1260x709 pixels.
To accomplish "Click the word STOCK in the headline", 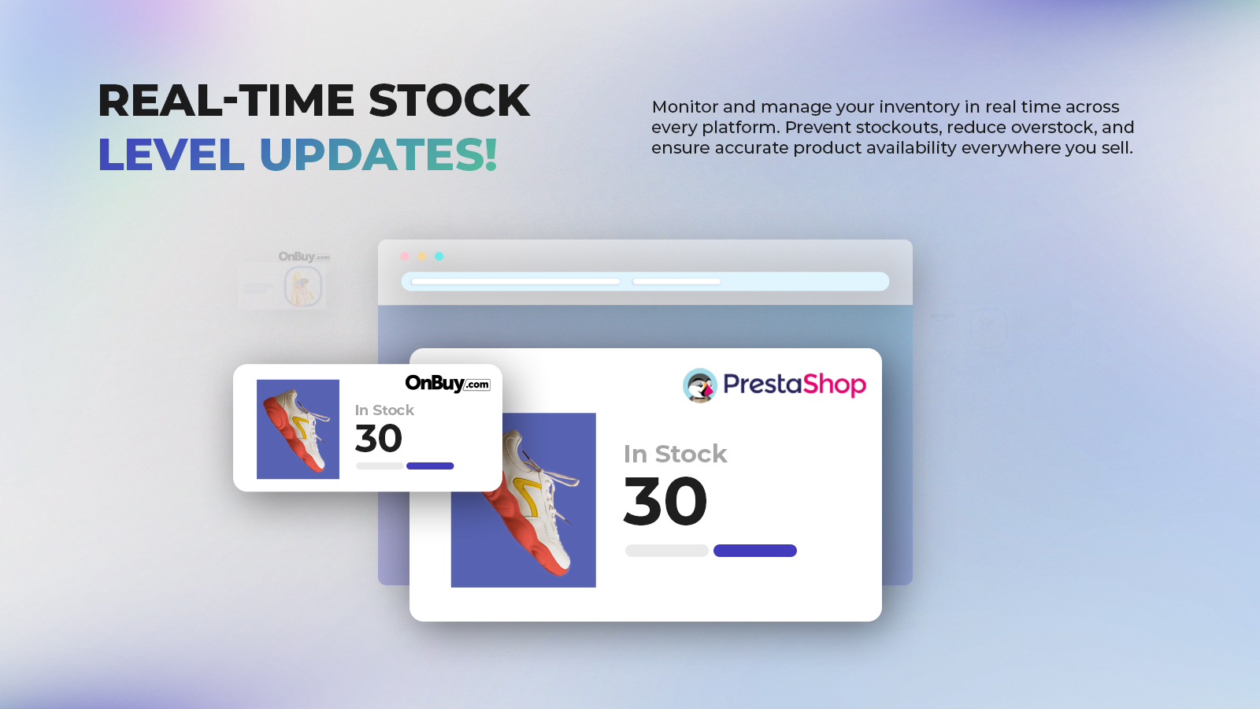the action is click(449, 101).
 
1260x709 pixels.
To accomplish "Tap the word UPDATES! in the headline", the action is click(379, 154).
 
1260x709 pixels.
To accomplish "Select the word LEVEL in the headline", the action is click(171, 154).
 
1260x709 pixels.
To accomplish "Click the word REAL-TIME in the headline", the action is click(226, 101).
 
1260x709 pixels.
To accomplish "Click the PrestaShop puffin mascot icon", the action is click(700, 385).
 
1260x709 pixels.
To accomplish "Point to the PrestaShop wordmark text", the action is click(795, 385).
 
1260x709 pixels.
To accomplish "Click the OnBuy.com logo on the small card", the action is click(448, 383).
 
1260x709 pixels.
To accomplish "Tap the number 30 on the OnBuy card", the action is click(379, 438).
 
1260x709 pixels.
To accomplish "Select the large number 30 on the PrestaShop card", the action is click(665, 501).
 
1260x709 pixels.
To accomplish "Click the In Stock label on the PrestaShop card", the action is click(675, 454).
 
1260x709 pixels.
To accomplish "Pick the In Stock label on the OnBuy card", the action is click(384, 410).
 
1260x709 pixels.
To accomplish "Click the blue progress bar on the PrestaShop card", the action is click(755, 551).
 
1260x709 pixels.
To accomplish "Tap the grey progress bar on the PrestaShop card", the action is click(666, 551).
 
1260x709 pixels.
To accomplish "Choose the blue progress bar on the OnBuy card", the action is click(430, 466).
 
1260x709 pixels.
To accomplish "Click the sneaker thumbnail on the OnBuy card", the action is click(298, 429).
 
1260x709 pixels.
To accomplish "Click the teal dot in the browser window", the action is click(439, 257).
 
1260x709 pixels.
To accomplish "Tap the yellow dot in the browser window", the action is click(422, 257).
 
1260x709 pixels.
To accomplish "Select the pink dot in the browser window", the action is click(405, 257).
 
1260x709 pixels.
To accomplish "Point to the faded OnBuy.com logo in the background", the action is click(304, 257).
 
